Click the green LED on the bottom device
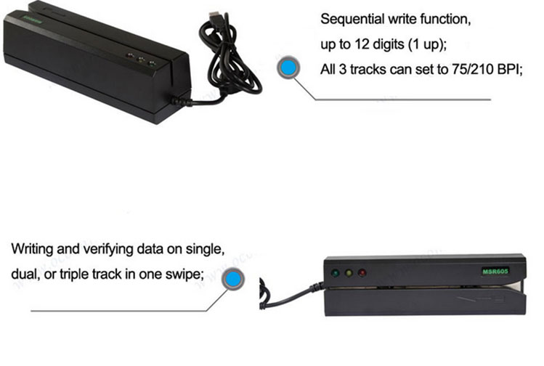[x=335, y=274]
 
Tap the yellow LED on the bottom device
[x=349, y=274]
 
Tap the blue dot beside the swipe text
[x=232, y=280]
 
